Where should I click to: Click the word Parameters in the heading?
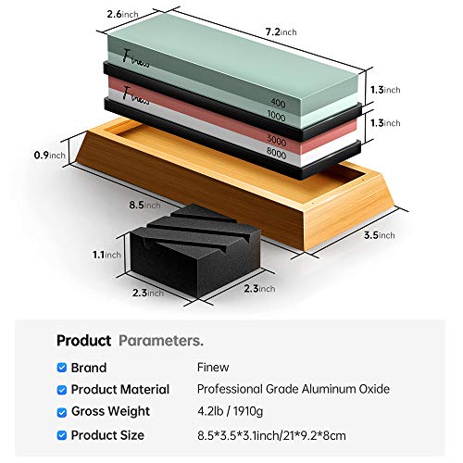pyautogui.click(x=161, y=340)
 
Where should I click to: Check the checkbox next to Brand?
pyautogui.click(x=62, y=368)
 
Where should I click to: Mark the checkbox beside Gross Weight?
pyautogui.click(x=62, y=412)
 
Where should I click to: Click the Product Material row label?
pyautogui.click(x=120, y=390)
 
